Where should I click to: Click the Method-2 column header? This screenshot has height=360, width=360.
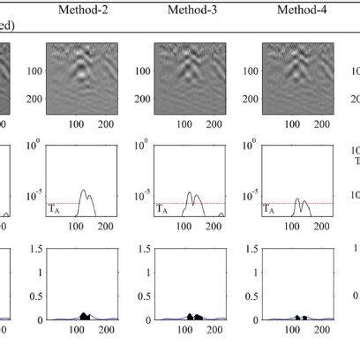83,11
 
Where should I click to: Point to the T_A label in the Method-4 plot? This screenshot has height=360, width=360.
270,210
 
